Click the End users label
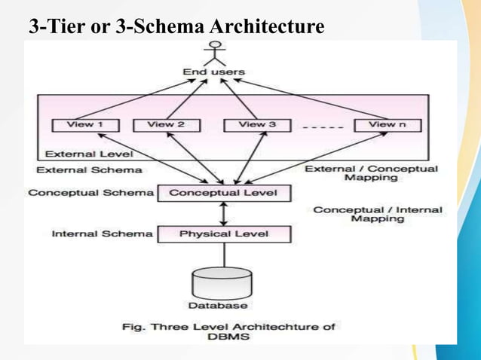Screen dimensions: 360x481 (215, 72)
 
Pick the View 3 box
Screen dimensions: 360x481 (257, 125)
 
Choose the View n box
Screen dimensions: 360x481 (387, 125)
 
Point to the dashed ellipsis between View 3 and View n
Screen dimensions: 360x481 (322, 128)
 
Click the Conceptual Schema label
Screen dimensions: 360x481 (90, 193)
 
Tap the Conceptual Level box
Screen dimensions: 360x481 (223, 193)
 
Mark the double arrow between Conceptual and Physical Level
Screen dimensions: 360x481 (223, 213)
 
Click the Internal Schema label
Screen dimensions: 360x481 (102, 233)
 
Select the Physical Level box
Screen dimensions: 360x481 (223, 233)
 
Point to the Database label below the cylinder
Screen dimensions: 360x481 (218, 306)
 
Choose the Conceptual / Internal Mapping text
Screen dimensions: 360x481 (378, 214)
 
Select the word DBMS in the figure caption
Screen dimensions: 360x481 (228, 337)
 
